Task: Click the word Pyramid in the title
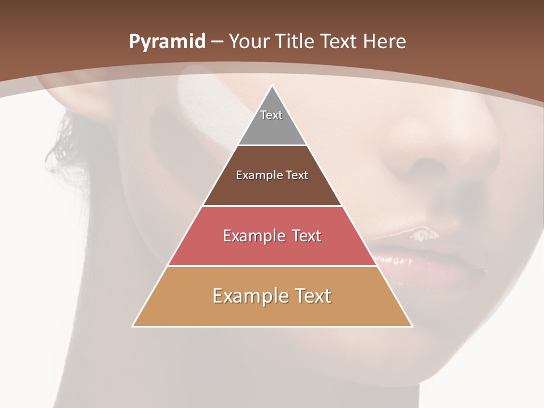click(x=167, y=42)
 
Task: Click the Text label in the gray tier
click(x=271, y=115)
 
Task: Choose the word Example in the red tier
click(x=252, y=236)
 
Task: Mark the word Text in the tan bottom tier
click(x=311, y=296)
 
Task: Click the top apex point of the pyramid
click(x=272, y=86)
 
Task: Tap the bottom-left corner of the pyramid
click(x=133, y=326)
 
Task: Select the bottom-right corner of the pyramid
click(x=412, y=326)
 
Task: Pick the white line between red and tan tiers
click(x=272, y=266)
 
